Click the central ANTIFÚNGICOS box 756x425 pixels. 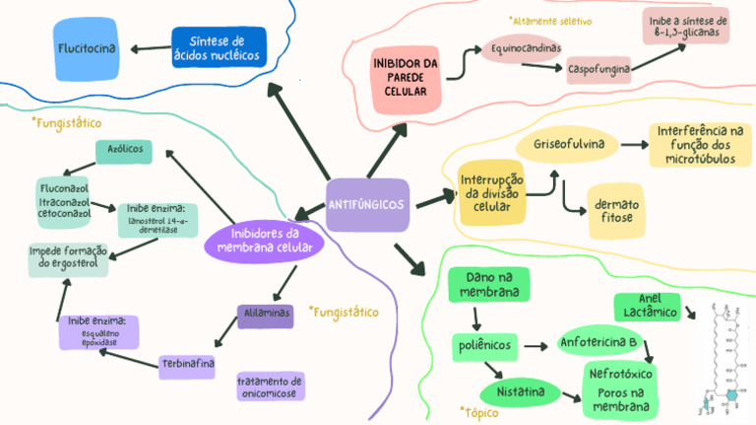366,205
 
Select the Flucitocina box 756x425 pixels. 88,48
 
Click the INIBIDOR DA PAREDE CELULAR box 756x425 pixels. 405,77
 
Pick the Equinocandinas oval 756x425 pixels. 526,47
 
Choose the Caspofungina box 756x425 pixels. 599,70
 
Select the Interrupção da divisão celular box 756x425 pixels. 491,193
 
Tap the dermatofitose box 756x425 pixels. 616,211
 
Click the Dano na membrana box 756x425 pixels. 489,286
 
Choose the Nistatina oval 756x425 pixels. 520,393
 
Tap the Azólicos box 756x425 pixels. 124,151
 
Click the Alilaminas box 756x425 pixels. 265,316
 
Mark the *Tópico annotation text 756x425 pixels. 479,412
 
